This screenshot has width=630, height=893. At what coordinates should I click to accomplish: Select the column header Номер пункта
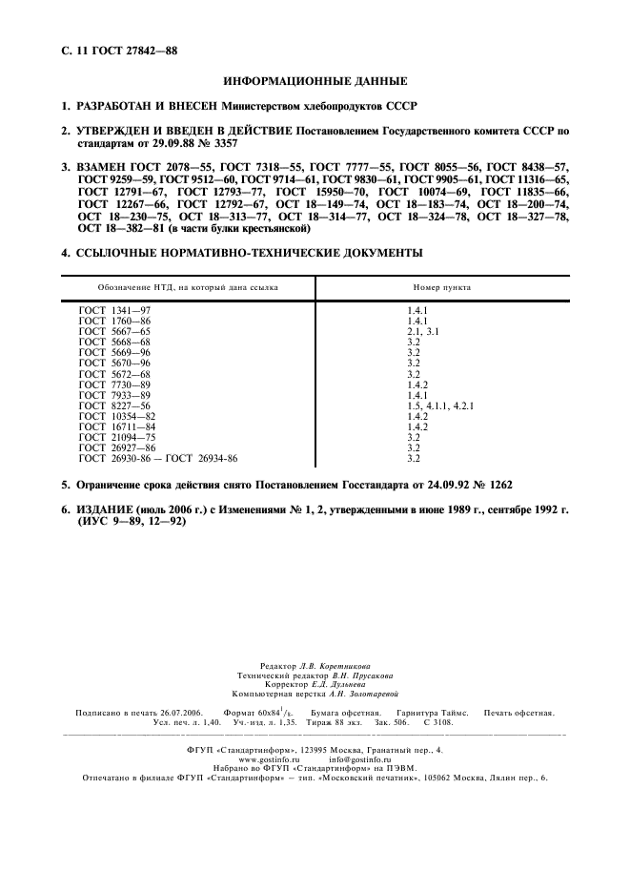441,286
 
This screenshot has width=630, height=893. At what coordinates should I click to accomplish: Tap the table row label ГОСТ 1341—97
114,311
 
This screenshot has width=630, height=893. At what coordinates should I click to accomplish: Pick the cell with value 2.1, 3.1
425,331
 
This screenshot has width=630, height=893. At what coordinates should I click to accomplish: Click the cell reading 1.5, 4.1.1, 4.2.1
440,405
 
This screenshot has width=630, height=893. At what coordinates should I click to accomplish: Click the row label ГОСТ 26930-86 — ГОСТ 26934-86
158,458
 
